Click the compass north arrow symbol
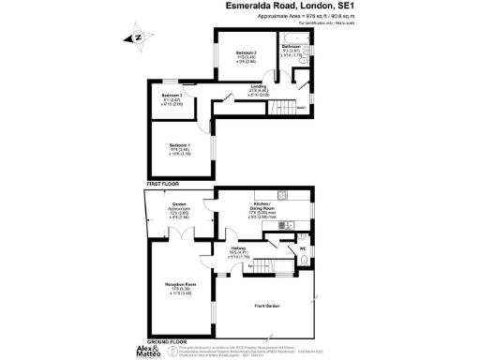click(137, 38)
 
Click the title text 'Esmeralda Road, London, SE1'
click(278, 7)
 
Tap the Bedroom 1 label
click(180, 148)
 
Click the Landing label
click(259, 91)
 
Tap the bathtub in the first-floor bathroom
click(291, 45)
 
